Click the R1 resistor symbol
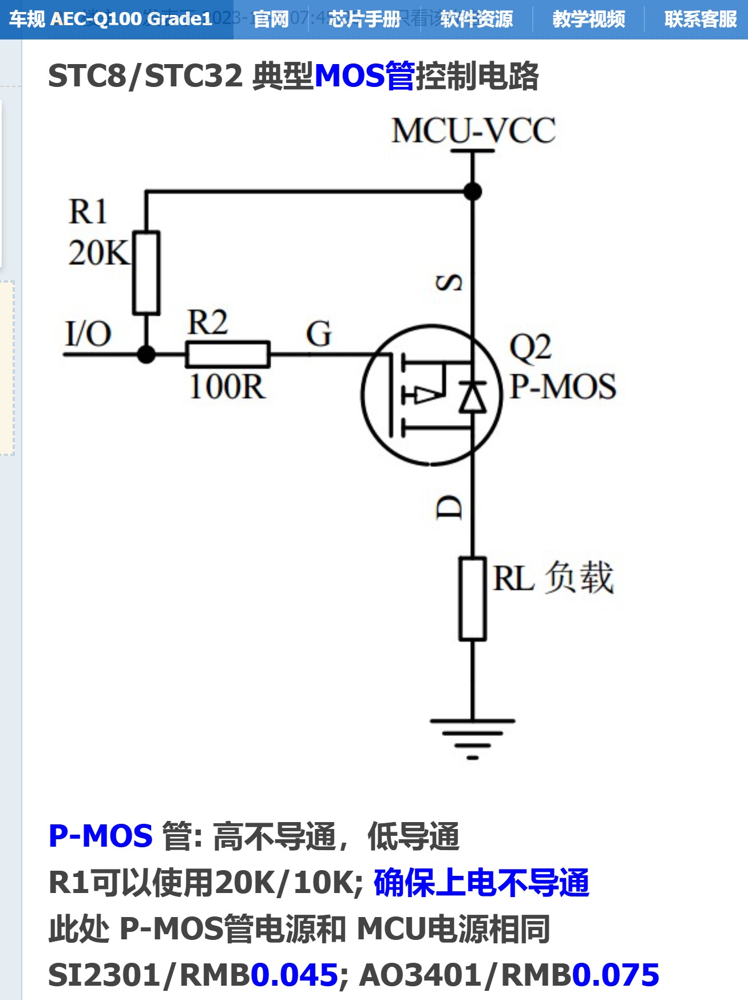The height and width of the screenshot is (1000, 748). (146, 273)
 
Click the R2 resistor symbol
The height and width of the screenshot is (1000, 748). (227, 354)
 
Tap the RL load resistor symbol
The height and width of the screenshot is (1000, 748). (473, 598)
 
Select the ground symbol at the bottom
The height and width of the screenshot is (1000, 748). (473, 737)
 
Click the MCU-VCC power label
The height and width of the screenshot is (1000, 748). (473, 130)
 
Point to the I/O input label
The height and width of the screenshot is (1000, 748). (88, 334)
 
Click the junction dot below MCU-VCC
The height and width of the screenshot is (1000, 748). (473, 192)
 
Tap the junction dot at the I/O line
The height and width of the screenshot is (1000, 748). (147, 355)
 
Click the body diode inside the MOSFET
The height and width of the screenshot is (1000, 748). (473, 396)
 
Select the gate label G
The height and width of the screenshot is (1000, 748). (319, 334)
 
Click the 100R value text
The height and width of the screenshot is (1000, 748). (227, 387)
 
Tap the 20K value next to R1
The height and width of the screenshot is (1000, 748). (99, 253)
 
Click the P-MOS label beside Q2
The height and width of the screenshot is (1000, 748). (563, 387)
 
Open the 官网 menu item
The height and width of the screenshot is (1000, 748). (271, 19)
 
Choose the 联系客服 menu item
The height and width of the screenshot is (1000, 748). (700, 19)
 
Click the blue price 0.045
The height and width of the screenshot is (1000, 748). (294, 975)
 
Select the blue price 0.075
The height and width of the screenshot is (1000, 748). (616, 975)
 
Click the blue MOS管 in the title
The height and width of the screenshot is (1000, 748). (365, 76)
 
